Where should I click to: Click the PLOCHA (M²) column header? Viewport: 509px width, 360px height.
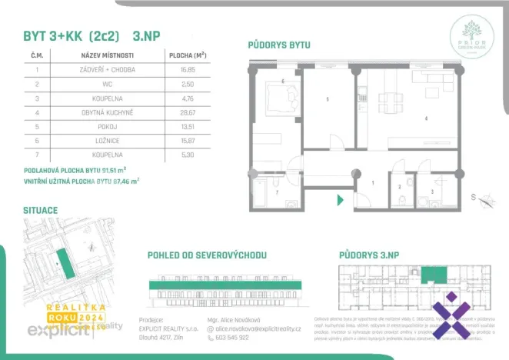(x=188, y=55)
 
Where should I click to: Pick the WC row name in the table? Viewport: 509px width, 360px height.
(x=107, y=83)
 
